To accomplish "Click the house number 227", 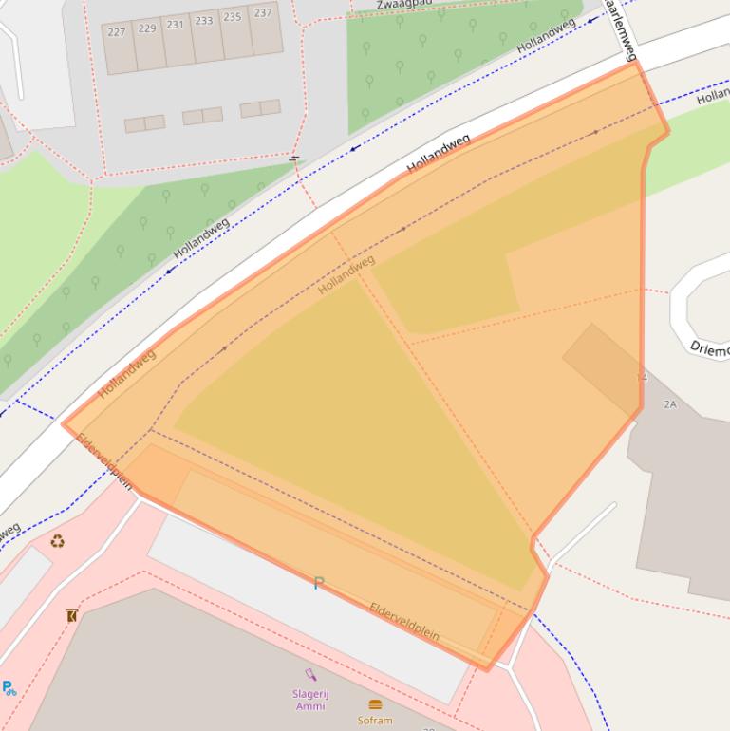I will [117, 32].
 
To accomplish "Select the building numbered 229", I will [147, 28].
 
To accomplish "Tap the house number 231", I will [176, 25].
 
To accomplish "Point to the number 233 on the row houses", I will [204, 21].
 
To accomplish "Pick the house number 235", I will [233, 17].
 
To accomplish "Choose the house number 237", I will [263, 13].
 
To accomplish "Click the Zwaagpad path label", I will [404, 5].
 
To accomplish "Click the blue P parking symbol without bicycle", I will [319, 583].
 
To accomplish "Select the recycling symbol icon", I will [58, 542].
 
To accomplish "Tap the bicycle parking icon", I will [9, 688].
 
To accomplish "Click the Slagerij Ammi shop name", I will [310, 700].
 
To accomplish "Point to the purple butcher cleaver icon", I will [310, 676].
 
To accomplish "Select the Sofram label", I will [375, 721].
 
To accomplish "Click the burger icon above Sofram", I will [375, 704].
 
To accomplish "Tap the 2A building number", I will [670, 404].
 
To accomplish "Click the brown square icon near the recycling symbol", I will [72, 616].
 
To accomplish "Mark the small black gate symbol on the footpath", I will [294, 159].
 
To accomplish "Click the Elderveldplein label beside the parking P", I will [404, 622].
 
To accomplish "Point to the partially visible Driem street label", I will [710, 348].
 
